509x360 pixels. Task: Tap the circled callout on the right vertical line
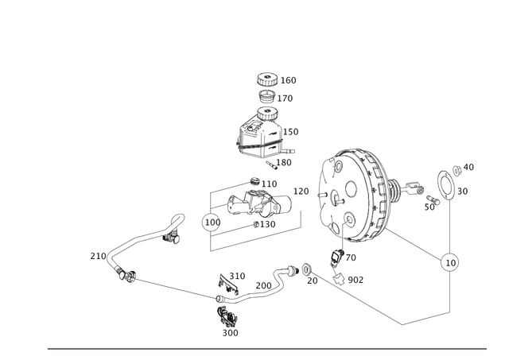tap(450, 260)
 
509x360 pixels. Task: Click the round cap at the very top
tap(266, 79)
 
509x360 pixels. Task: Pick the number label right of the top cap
tap(290, 80)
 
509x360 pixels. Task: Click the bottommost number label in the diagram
tap(231, 333)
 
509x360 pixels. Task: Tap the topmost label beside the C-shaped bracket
tap(468, 166)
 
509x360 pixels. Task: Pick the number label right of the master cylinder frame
tap(303, 191)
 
